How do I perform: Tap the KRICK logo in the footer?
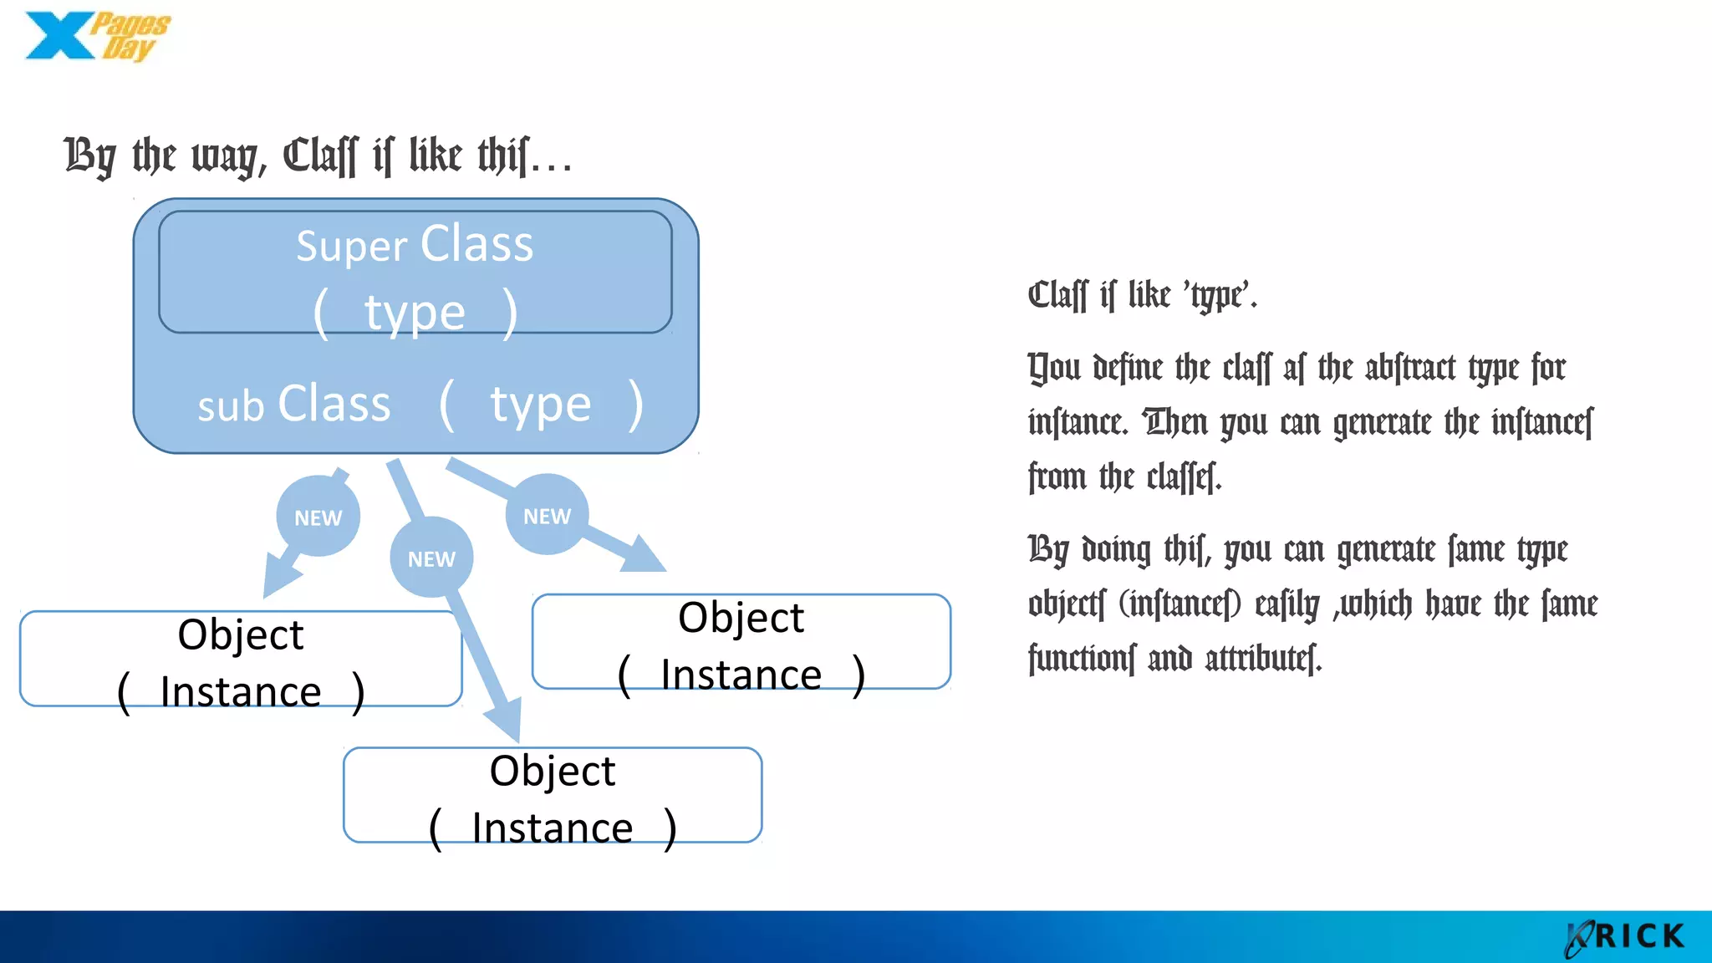point(1626,936)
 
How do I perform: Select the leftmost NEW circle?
point(318,517)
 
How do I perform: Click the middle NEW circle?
point(431,558)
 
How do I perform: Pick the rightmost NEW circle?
point(548,516)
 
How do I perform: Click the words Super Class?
point(415,245)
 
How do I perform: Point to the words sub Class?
point(293,405)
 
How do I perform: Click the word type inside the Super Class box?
point(415,313)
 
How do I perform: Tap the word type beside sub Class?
point(540,405)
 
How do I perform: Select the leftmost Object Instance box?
point(241,660)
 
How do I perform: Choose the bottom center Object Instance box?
point(553,796)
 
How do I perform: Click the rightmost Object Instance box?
point(741,643)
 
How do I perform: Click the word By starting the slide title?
point(89,156)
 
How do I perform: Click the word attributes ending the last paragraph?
point(1263,659)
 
